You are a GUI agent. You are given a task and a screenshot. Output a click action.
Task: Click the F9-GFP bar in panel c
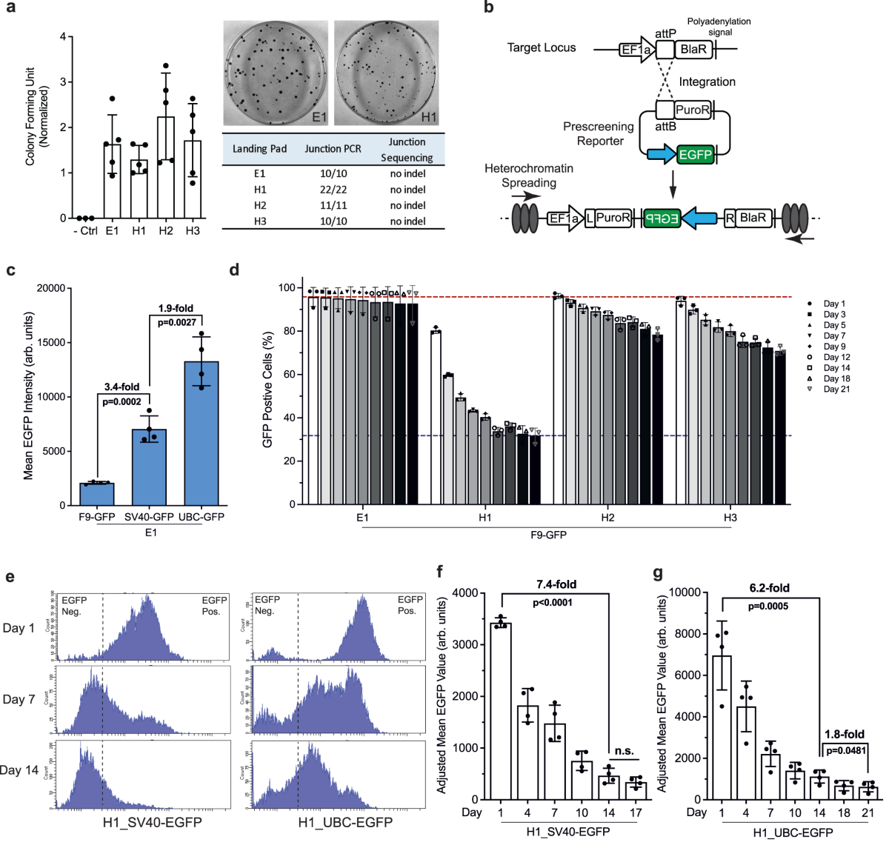pos(97,494)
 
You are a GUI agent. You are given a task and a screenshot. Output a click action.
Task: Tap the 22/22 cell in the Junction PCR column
pos(333,190)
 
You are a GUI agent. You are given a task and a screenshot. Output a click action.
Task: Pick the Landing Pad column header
pos(259,149)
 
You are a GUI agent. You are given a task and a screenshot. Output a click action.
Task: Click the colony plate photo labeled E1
pos(276,73)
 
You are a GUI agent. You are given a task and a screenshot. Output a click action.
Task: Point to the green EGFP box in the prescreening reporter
pos(695,155)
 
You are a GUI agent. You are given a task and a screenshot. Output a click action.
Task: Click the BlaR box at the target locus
pos(693,50)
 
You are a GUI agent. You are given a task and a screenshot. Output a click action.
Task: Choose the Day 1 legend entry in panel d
pos(833,304)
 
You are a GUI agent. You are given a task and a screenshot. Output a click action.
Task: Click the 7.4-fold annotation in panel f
pos(556,585)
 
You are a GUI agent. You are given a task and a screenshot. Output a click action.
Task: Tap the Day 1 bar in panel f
pos(502,711)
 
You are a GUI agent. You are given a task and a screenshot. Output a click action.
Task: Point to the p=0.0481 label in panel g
pos(845,750)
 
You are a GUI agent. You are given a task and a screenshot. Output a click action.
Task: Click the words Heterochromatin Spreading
pos(528,176)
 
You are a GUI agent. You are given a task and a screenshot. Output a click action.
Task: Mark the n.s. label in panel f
pos(624,751)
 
